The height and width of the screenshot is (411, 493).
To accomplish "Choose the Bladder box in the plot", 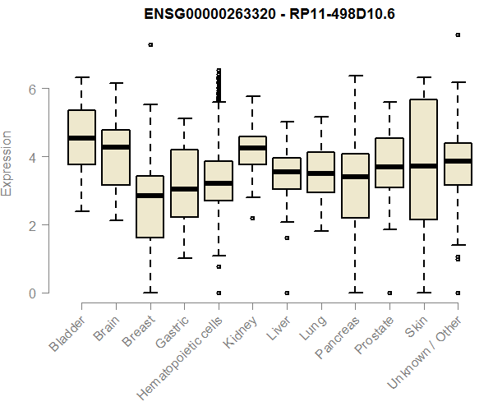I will click(x=81, y=137).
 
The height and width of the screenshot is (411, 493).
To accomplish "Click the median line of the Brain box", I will click(x=116, y=147).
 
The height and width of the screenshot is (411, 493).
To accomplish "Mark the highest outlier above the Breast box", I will click(x=150, y=44).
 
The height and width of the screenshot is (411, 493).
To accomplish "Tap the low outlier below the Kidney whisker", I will click(x=252, y=218).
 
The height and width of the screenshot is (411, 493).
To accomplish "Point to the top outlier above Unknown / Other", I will click(x=458, y=35).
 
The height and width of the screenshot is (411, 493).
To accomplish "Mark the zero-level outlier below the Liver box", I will click(x=287, y=293).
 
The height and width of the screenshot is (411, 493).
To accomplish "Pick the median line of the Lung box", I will click(x=320, y=173).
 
